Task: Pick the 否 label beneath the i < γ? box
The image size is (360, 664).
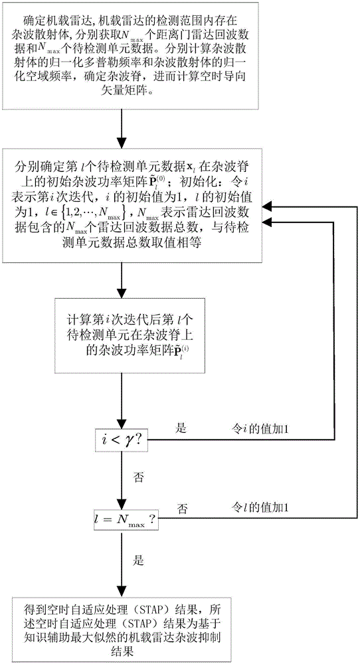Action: (138, 476)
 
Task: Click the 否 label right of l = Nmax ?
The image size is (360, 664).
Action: (182, 508)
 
